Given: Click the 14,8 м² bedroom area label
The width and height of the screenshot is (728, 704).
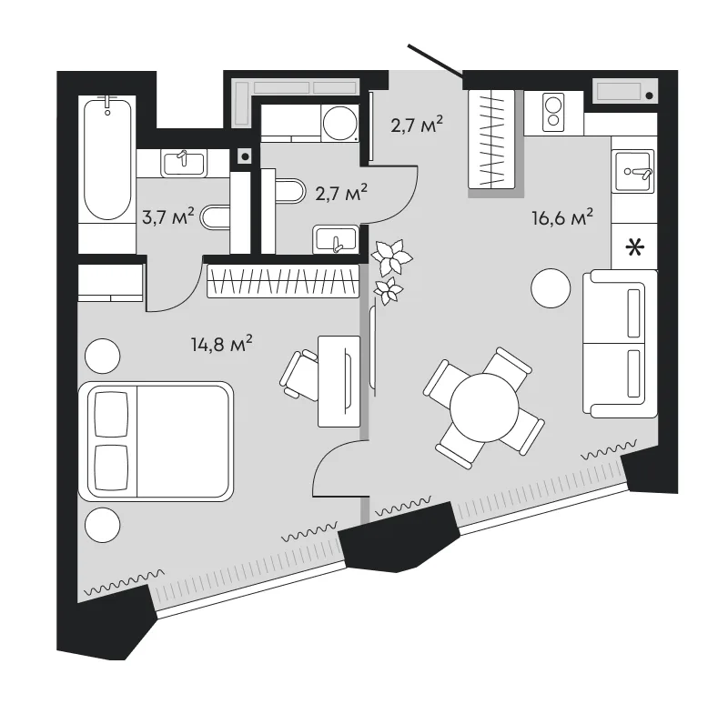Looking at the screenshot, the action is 221,345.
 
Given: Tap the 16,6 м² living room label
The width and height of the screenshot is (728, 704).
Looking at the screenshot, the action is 562,217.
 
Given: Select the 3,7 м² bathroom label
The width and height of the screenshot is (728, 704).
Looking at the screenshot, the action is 167,216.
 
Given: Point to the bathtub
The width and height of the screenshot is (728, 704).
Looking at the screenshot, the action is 107,157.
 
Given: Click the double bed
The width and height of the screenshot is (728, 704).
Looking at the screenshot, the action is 156,441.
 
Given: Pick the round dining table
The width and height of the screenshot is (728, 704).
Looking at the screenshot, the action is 484,407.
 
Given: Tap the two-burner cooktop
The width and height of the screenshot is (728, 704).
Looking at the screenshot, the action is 553,113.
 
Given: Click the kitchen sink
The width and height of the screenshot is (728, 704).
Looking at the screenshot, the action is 633,171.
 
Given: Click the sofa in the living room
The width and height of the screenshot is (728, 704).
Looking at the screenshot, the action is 620,344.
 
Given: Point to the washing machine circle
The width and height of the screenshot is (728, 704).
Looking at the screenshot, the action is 340,123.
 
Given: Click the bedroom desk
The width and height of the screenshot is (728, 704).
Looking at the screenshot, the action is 339,381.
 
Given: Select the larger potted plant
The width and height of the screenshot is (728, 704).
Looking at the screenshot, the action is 392,257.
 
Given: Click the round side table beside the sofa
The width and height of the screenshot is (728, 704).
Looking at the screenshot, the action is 551,288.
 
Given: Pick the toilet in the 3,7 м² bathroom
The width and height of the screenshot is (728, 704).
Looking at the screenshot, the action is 216,217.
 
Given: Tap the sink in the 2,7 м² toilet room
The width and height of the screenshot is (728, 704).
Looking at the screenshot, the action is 336,240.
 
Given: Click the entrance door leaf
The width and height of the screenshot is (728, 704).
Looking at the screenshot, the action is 436,61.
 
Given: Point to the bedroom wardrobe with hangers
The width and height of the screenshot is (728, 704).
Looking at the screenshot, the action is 283,281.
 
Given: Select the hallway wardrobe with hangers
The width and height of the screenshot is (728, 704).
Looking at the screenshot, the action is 491,139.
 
